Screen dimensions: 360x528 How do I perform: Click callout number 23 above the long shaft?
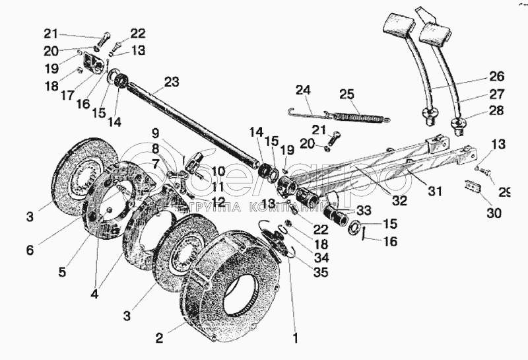pyautogui.click(x=171, y=83)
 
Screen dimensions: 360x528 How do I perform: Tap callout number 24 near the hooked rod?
pyautogui.click(x=303, y=90)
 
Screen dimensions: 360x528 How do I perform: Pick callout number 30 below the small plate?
pyautogui.click(x=494, y=213)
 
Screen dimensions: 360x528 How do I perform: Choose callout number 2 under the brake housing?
pyautogui.click(x=159, y=338)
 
